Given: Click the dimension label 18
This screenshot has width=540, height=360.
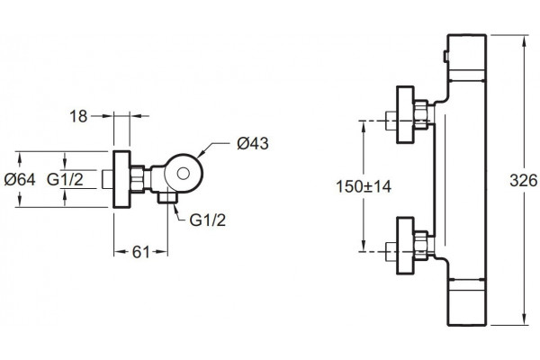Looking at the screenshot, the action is tap(78, 116).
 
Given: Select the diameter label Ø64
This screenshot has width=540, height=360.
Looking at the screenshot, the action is tap(20, 179).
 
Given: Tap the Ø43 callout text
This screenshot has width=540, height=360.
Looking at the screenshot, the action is tap(253, 143).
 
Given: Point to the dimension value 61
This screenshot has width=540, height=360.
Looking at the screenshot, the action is tap(141, 253).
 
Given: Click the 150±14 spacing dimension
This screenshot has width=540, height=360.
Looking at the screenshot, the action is tap(364, 186).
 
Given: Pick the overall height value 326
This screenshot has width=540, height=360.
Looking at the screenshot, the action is tap(524, 181).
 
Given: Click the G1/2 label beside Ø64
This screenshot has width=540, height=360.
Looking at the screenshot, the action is tap(65, 179).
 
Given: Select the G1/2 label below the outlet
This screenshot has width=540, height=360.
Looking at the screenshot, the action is tap(208, 220).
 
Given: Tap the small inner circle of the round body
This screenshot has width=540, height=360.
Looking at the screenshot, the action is tap(183, 174).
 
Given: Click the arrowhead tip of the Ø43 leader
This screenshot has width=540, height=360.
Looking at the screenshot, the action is tap(198, 158).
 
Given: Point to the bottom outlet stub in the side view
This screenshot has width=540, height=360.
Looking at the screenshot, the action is tap(167, 198).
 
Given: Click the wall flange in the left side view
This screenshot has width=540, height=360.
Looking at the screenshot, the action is tap(121, 179).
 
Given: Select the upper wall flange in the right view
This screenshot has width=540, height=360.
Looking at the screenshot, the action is tap(405, 114).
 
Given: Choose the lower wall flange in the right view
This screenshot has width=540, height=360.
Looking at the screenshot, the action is tap(405, 246).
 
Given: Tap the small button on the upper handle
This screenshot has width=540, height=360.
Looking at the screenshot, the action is tap(445, 57).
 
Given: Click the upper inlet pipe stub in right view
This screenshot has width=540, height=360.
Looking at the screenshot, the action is tap(391, 121).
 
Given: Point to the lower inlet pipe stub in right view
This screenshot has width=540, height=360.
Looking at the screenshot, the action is tap(391, 252).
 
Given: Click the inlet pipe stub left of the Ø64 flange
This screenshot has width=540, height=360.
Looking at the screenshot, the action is tap(108, 179).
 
